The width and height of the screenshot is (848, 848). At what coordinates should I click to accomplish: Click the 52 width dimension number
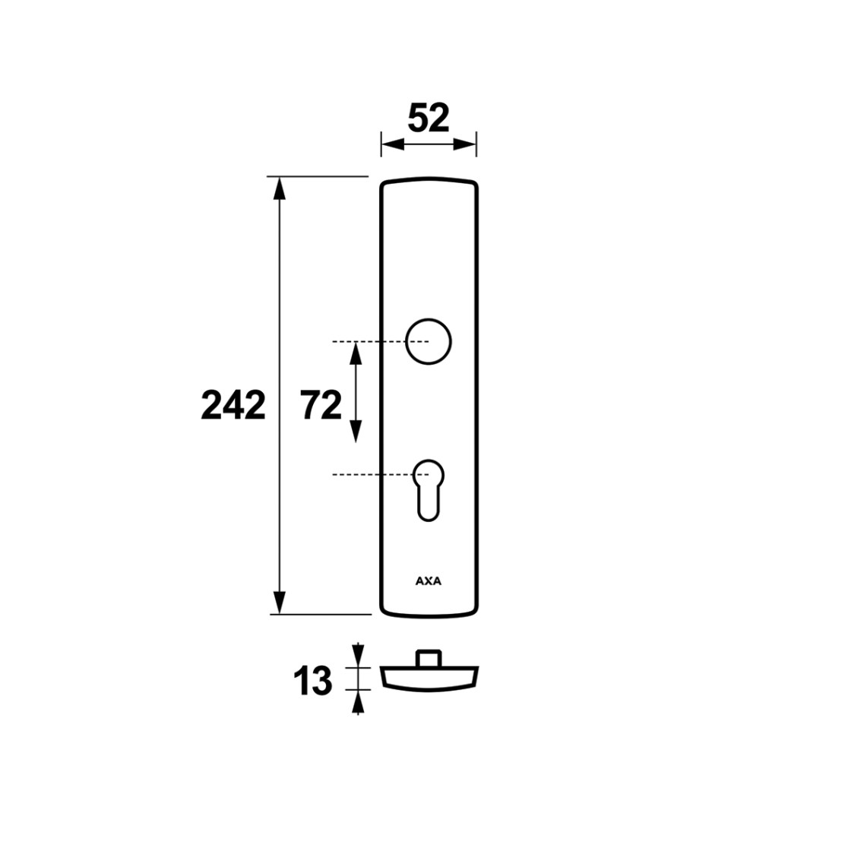[x=429, y=119]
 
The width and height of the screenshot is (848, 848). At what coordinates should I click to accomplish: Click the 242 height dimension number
[x=233, y=406]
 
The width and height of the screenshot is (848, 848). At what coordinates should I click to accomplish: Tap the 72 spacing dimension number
[x=321, y=406]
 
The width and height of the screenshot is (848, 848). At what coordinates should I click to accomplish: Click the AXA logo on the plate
[x=429, y=581]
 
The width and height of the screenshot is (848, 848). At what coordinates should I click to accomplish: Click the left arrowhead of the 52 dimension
[x=393, y=144]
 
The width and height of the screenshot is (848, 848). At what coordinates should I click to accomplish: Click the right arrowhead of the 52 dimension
[x=464, y=144]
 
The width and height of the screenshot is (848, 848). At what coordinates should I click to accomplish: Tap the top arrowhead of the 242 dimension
[x=279, y=188]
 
